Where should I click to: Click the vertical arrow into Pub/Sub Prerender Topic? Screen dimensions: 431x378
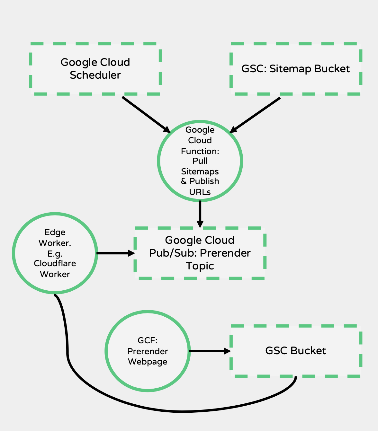tap(200, 214)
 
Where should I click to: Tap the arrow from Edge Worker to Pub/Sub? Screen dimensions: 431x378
tap(115, 253)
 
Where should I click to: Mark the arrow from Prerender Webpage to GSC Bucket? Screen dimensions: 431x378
tap(210, 351)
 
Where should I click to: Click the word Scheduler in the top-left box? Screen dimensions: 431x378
tap(95, 75)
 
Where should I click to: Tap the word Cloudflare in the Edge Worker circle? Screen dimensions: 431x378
tap(55, 263)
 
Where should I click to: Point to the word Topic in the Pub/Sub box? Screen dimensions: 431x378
tap(200, 266)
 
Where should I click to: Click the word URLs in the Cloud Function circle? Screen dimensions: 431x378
tap(200, 192)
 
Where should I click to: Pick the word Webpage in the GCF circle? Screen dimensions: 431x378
tap(148, 362)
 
